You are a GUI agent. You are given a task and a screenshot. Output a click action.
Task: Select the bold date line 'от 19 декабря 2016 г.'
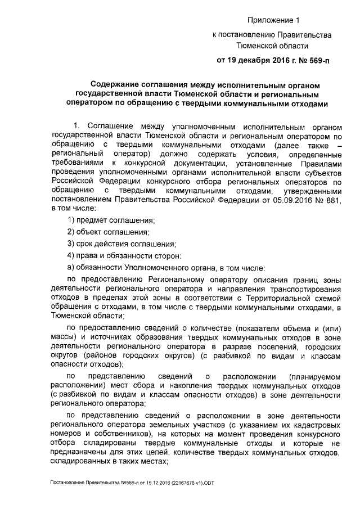(251, 59)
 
